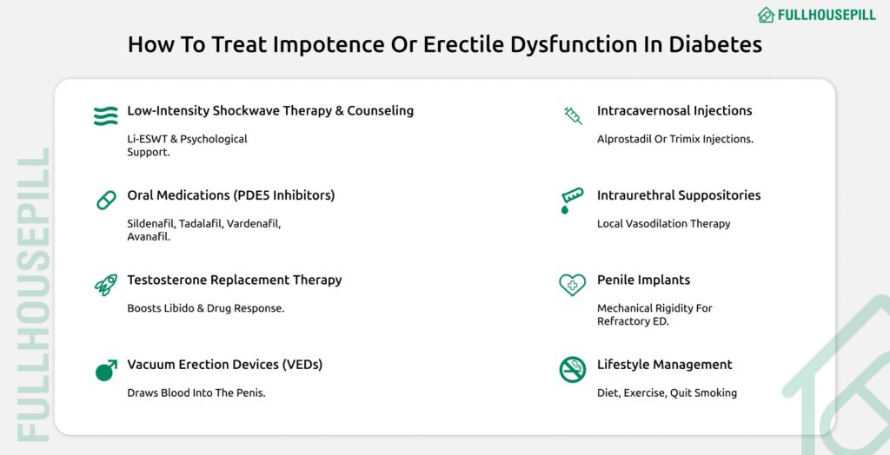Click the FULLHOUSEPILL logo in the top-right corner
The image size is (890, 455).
(816, 15)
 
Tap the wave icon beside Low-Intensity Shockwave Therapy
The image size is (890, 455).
(105, 115)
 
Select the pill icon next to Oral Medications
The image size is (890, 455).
(105, 201)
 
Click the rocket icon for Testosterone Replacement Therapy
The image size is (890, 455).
(105, 285)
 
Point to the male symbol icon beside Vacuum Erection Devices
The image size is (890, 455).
(105, 370)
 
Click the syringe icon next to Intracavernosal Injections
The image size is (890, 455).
(573, 115)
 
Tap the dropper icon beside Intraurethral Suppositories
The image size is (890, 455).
(572, 201)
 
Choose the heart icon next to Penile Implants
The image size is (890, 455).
(572, 285)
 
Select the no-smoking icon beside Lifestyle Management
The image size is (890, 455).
(572, 370)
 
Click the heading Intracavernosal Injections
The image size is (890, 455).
(674, 111)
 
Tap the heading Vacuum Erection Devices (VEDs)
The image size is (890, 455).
(224, 365)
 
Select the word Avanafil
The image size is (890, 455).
(149, 236)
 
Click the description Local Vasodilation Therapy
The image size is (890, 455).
(663, 223)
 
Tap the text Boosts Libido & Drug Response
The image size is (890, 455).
(205, 308)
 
